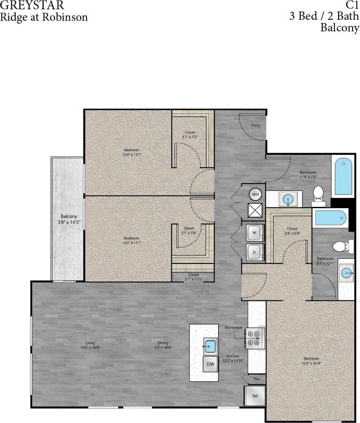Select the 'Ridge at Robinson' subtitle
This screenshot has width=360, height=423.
44,17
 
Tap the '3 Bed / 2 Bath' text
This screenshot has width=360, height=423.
324,17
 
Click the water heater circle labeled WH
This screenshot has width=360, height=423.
255,194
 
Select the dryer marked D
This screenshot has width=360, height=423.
254,252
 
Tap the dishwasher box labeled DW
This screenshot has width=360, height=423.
211,364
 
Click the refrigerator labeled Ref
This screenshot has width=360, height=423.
255,396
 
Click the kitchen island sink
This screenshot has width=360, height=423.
211,346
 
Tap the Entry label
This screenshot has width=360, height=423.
255,125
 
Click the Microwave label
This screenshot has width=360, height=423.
233,327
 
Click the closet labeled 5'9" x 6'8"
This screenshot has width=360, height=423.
292,231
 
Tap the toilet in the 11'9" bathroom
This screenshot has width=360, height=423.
318,195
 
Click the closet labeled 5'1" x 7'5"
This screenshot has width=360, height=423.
190,134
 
